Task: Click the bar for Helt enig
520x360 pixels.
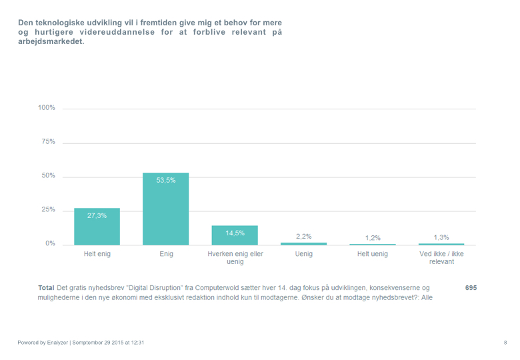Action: pos(97,227)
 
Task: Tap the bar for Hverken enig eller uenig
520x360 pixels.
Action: pos(235,235)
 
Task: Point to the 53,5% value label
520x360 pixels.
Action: pos(165,181)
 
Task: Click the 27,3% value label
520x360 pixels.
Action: pos(97,215)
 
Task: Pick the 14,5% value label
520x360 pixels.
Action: pos(235,233)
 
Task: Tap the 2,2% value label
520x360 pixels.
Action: pos(303,237)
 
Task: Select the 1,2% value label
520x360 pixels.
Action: pos(373,238)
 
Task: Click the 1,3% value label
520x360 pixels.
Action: pos(441,238)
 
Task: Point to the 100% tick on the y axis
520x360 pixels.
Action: pos(47,108)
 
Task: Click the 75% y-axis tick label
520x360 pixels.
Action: pos(48,142)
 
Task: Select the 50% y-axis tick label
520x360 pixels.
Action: pos(48,176)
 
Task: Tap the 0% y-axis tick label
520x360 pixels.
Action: pos(50,244)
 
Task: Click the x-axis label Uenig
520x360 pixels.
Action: pos(303,254)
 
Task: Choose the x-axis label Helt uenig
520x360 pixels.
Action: pos(373,254)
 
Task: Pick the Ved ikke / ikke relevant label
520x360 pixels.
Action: pos(441,257)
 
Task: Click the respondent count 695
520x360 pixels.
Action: pos(471,288)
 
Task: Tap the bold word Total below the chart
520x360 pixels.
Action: pos(46,288)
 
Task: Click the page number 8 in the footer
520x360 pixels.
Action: pos(505,343)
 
